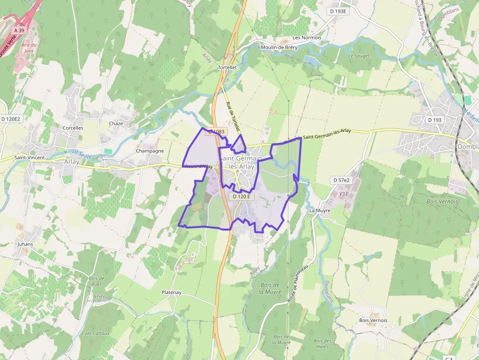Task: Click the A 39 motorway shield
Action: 19,30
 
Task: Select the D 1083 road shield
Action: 216,131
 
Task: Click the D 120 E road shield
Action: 241,196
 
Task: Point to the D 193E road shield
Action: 338,11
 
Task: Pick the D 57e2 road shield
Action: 342,180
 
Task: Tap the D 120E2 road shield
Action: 10,119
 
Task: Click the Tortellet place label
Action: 227,67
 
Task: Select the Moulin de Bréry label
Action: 279,47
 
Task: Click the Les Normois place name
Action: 307,38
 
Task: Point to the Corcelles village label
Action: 73,128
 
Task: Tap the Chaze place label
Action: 116,124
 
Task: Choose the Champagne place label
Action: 150,151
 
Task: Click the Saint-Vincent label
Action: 29,158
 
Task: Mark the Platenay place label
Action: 172,293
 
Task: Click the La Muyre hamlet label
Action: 320,211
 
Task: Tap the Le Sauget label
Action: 359,56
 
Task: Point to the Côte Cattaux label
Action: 96,334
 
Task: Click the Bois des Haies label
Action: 323,343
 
